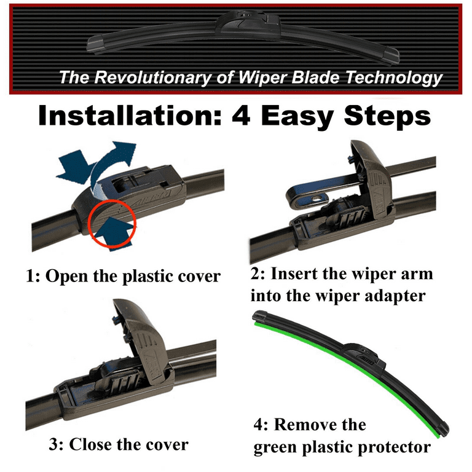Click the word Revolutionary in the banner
(x=152, y=77)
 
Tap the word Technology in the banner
(x=394, y=78)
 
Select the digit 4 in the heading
(x=241, y=116)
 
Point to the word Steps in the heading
(x=387, y=117)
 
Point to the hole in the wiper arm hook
(x=317, y=199)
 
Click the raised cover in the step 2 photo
(x=371, y=181)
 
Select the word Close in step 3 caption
(x=90, y=444)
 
